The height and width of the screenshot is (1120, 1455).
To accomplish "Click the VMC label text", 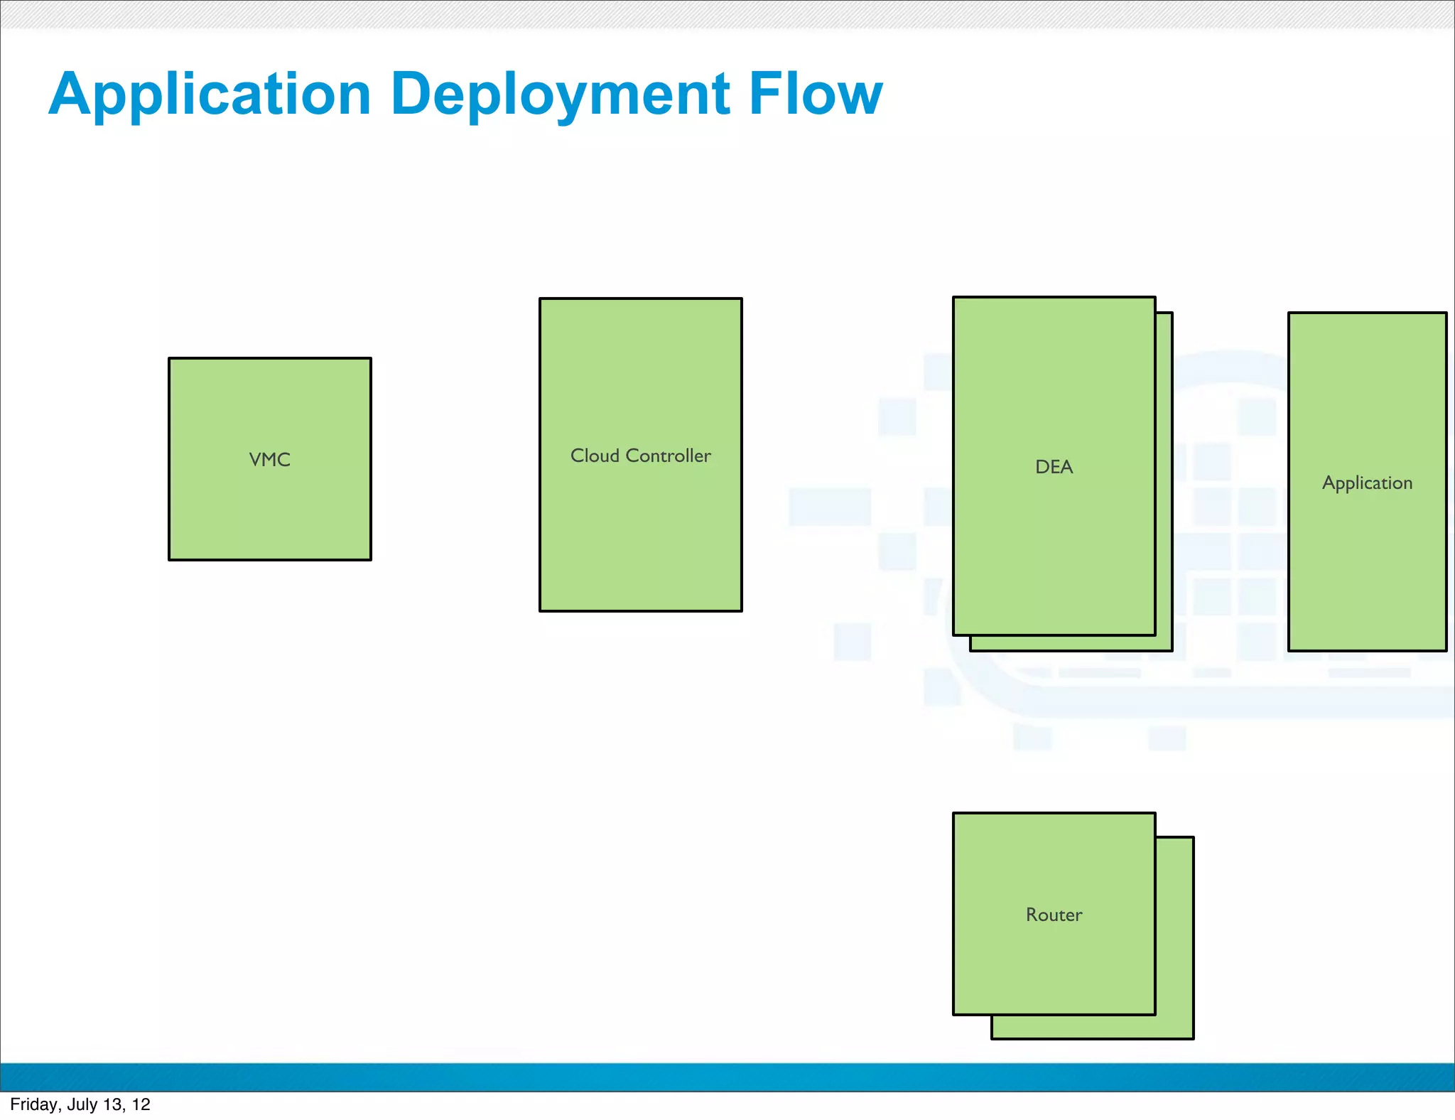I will pyautogui.click(x=269, y=460).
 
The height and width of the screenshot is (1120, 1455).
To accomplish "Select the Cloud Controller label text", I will pyautogui.click(x=640, y=456).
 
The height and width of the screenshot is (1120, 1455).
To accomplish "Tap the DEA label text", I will pyautogui.click(x=1054, y=467).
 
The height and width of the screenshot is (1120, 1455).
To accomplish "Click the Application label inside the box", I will pyautogui.click(x=1367, y=483).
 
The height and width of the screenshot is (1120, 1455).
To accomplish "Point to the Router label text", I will pyautogui.click(x=1054, y=915).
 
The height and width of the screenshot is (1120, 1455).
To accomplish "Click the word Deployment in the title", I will pyautogui.click(x=560, y=94).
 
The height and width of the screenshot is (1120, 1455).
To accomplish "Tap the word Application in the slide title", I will pyautogui.click(x=210, y=94).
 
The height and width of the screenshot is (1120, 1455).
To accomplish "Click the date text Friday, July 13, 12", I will pyautogui.click(x=80, y=1104).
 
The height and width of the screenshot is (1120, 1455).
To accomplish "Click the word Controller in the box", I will pyautogui.click(x=668, y=456).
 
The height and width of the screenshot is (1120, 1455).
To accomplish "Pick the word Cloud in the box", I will pyautogui.click(x=595, y=456).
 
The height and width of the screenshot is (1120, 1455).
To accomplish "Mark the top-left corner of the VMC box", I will pyautogui.click(x=169, y=358).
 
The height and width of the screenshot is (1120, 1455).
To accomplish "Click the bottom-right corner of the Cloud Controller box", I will pyautogui.click(x=742, y=610).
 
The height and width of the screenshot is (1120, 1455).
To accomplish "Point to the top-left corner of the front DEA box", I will pyautogui.click(x=953, y=297).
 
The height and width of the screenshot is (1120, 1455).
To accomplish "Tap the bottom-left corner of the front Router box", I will pyautogui.click(x=953, y=1014).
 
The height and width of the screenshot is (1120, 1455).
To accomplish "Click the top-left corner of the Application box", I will pyautogui.click(x=1289, y=313).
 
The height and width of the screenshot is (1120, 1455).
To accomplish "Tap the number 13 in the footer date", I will pyautogui.click(x=112, y=1104).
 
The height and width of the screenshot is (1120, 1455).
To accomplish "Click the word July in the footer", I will pyautogui.click(x=82, y=1104).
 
